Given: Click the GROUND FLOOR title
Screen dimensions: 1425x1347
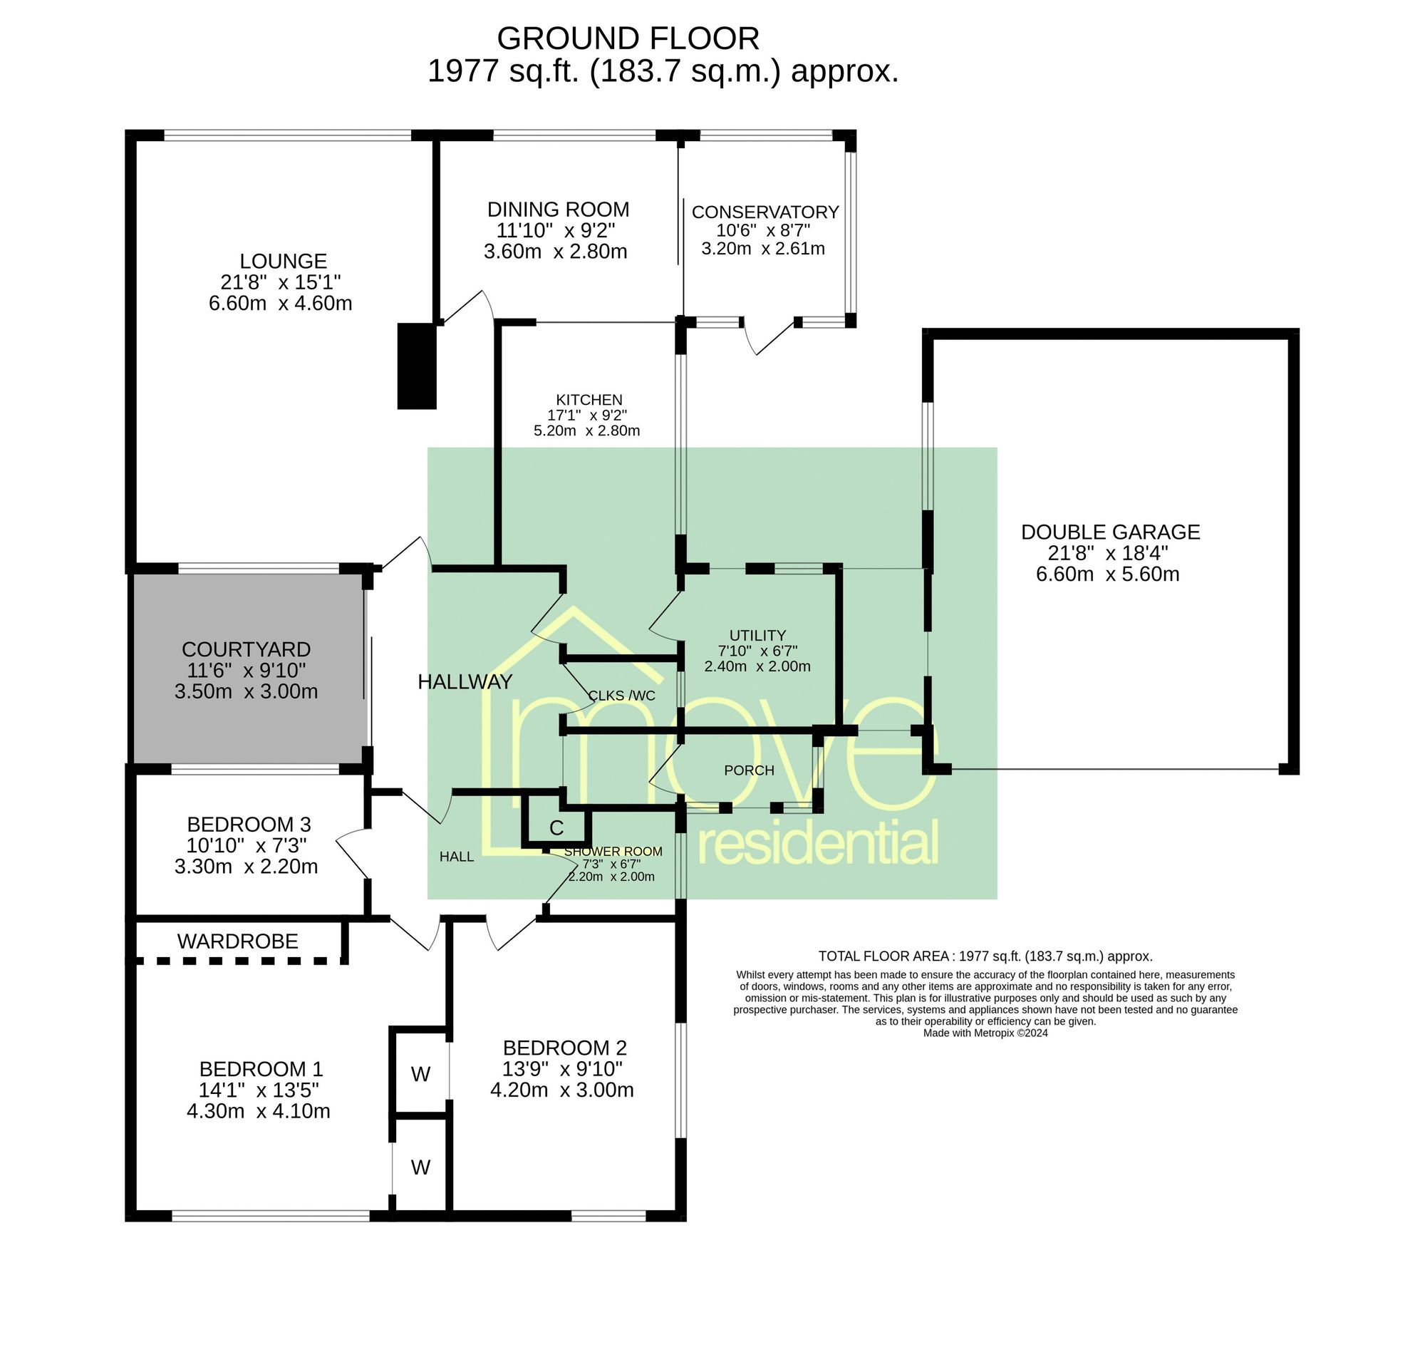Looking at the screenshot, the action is [628, 38].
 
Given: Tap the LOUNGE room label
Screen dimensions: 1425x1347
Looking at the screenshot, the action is [283, 261].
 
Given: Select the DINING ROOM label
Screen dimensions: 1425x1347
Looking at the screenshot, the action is [558, 210].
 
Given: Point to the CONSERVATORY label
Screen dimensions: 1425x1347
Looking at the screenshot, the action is [765, 212].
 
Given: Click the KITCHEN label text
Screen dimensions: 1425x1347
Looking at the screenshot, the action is [589, 400].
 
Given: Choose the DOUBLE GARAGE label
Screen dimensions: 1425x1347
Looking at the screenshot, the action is [1110, 532].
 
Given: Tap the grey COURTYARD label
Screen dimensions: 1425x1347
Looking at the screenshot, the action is [246, 649].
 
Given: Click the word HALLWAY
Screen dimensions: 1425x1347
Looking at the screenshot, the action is [465, 682].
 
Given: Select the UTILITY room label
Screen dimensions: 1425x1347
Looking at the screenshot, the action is [757, 636].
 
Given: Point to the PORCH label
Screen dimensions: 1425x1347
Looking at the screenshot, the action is [749, 770].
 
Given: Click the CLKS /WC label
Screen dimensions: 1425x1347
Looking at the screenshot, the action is [622, 696].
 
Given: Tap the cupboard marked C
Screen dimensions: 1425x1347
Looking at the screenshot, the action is [556, 828].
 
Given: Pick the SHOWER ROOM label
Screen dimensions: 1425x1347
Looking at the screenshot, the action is [613, 852].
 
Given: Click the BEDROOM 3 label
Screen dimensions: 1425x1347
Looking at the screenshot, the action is [249, 824].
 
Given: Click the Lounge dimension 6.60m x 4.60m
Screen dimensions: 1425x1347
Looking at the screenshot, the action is [280, 303].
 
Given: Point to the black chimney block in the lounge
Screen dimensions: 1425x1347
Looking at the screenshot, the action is [417, 366].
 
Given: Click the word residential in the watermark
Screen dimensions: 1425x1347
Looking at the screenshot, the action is [818, 842].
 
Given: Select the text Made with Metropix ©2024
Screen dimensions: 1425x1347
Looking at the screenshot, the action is [985, 1033].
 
